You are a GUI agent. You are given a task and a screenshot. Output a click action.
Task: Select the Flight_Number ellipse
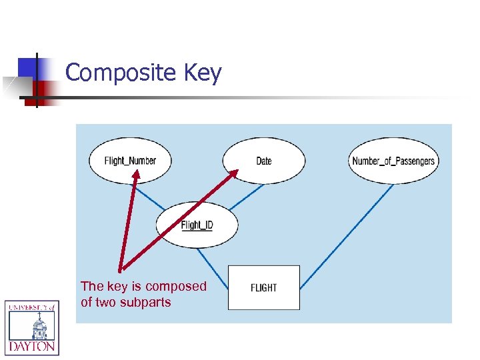[130, 161]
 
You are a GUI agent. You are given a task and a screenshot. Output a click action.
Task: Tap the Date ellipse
[264, 161]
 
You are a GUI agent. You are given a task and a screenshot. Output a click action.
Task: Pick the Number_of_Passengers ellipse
[393, 161]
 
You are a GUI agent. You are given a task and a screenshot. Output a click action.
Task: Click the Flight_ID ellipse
[197, 225]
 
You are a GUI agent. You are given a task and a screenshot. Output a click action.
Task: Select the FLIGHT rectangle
[264, 287]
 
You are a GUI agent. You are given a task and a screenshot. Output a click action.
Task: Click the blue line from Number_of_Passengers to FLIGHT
[347, 237]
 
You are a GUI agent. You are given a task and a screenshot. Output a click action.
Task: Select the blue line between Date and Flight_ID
[247, 195]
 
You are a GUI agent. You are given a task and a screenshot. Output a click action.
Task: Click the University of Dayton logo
[32, 327]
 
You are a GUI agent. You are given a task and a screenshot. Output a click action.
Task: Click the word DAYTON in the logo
[32, 347]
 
